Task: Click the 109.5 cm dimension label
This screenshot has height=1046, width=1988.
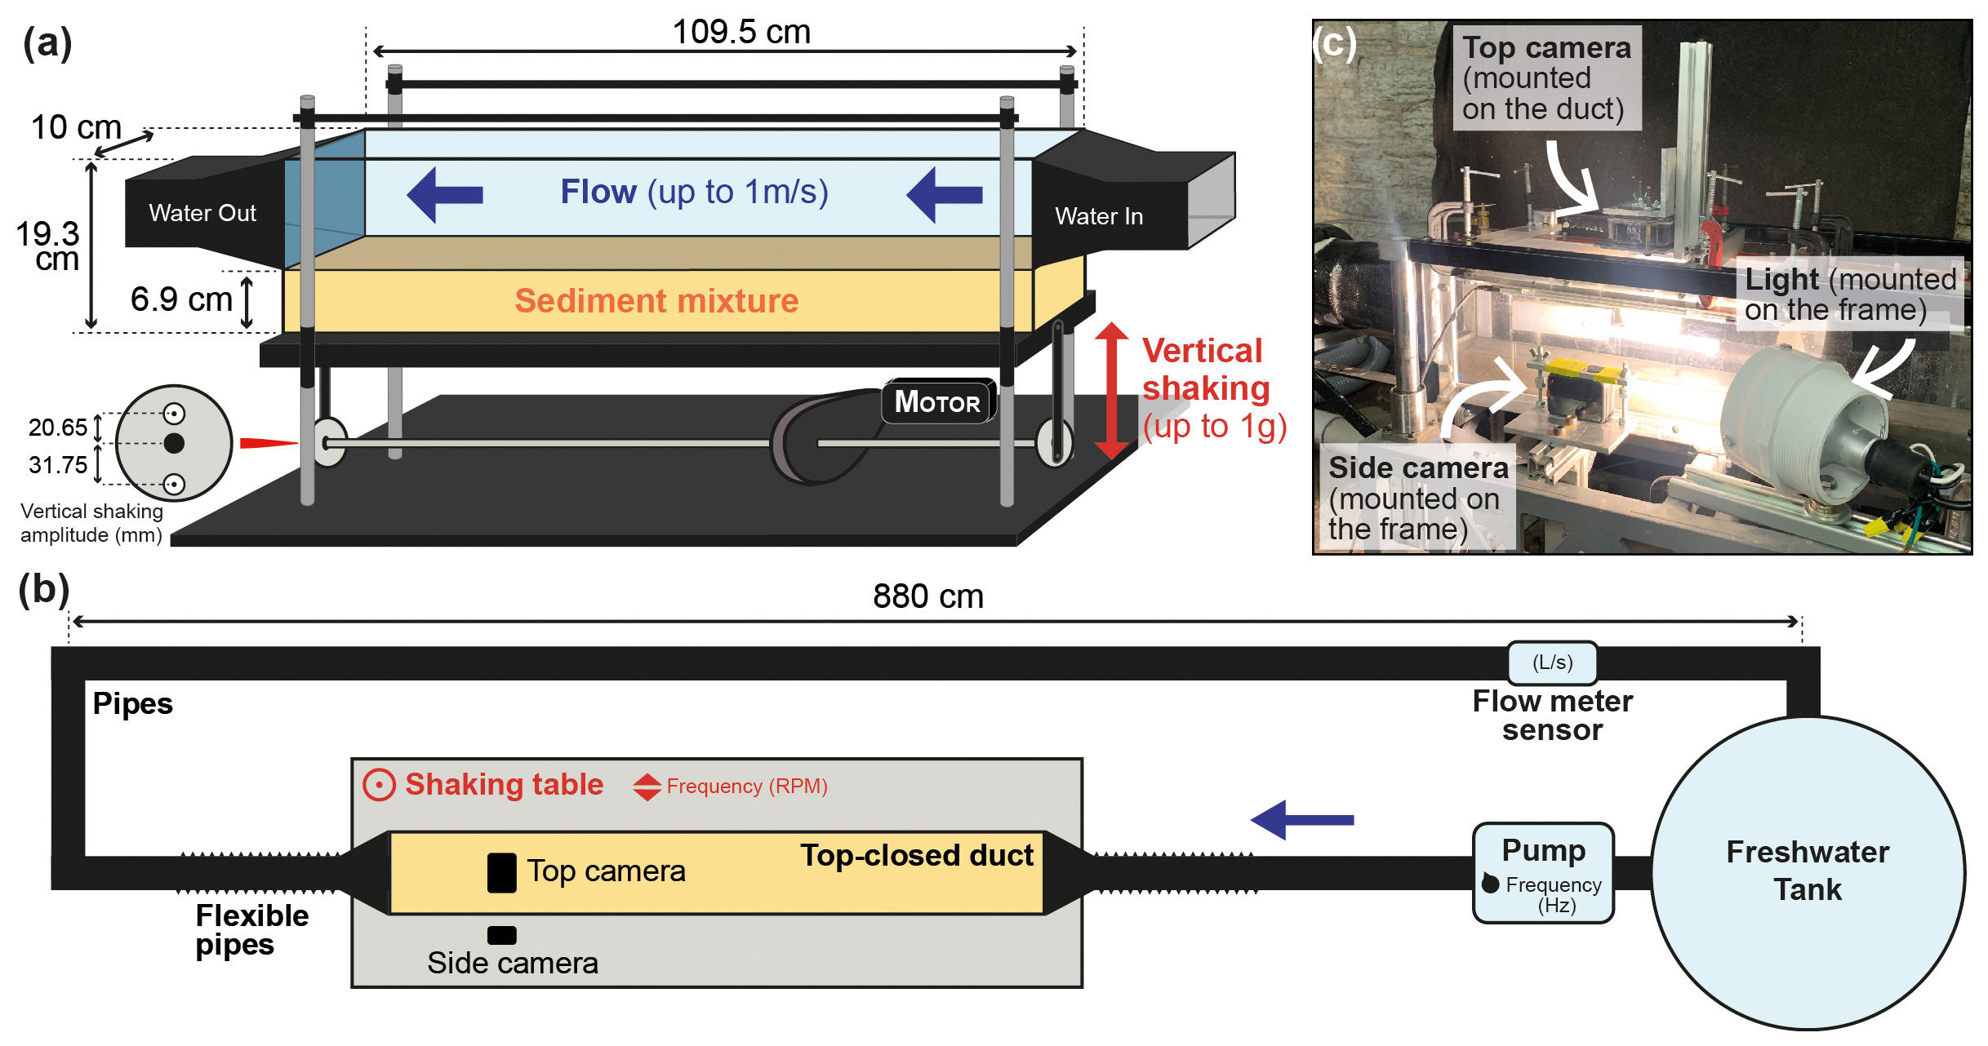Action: pyautogui.click(x=741, y=33)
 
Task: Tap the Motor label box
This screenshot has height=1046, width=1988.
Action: pyautogui.click(x=938, y=401)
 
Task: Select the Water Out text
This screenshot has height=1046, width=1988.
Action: pyautogui.click(x=202, y=214)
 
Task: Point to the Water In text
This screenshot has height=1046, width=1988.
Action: pyautogui.click(x=1099, y=217)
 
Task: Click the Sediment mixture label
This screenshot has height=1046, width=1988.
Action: pyautogui.click(x=656, y=301)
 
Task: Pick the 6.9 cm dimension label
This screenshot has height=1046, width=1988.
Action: pyautogui.click(x=181, y=299)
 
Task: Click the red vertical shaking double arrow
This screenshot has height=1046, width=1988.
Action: pyautogui.click(x=1110, y=390)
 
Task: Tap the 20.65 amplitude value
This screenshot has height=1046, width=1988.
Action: pyautogui.click(x=57, y=428)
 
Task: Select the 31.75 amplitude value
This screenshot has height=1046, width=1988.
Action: pyautogui.click(x=57, y=465)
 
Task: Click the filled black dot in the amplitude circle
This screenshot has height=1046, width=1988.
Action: pyautogui.click(x=174, y=443)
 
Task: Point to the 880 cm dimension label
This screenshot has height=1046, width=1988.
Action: pyautogui.click(x=928, y=596)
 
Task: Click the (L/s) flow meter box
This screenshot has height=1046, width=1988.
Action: pyautogui.click(x=1552, y=663)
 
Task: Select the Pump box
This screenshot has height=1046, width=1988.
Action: pyautogui.click(x=1543, y=873)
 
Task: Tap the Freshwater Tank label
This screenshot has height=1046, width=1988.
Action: pyautogui.click(x=1808, y=871)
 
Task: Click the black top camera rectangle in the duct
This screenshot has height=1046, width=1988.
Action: pyautogui.click(x=501, y=873)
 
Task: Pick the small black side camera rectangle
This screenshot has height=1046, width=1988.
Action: pyautogui.click(x=501, y=935)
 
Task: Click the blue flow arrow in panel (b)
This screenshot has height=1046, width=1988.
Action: pyautogui.click(x=1302, y=820)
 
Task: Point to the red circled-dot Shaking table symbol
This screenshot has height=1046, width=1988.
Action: pyautogui.click(x=379, y=785)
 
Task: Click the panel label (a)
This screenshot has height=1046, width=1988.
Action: pyautogui.click(x=47, y=42)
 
